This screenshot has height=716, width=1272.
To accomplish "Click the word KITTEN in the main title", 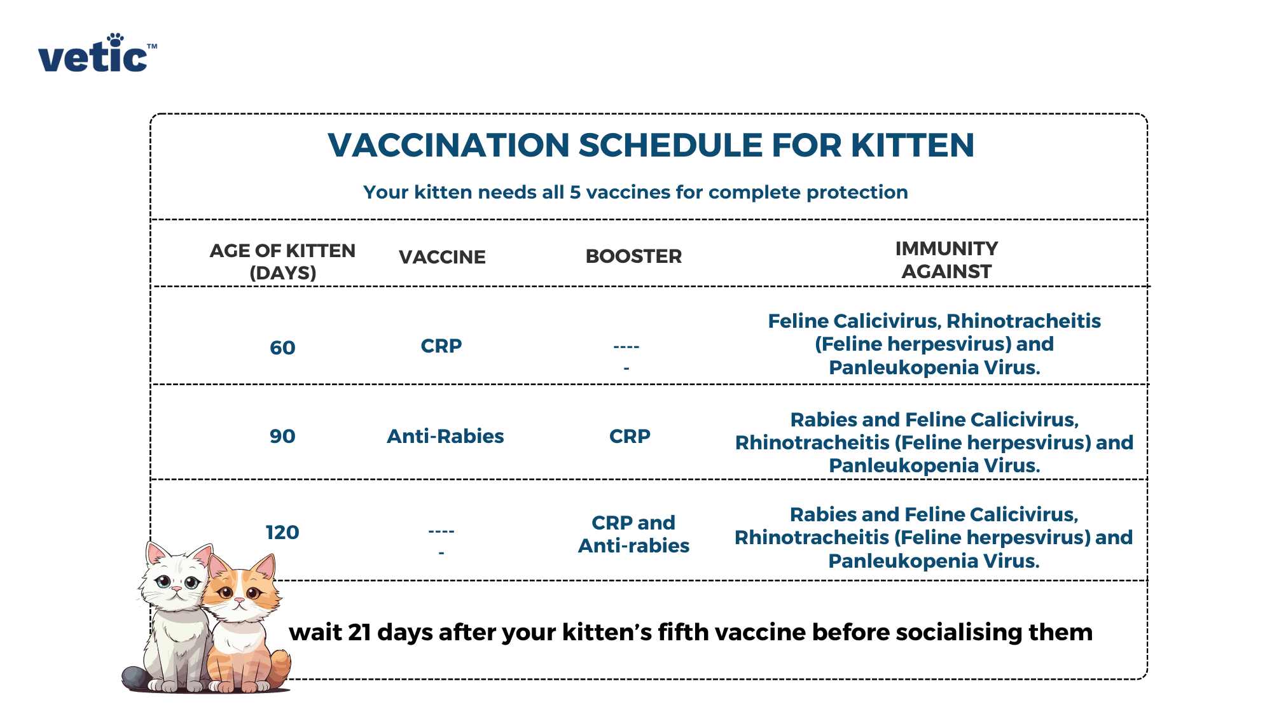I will point(912,145).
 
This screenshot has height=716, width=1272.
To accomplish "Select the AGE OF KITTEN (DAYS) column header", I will point(282,262).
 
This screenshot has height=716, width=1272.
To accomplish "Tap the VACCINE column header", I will point(442,257).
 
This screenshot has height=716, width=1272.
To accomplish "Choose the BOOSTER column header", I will point(633,256).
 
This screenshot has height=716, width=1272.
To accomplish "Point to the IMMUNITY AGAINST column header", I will point(946,260).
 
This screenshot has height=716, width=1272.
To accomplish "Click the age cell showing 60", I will point(282,348).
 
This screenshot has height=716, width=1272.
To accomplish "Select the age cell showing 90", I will point(282,437).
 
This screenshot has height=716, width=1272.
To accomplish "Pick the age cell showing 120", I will point(282,532).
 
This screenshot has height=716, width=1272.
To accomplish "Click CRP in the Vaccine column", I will point(441,346).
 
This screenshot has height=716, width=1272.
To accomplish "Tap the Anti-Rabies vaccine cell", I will point(445,437).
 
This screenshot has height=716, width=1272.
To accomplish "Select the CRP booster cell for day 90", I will point(630,437).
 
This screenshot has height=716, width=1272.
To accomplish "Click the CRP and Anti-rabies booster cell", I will point(633,534).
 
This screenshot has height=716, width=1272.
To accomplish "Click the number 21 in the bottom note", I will point(359,633).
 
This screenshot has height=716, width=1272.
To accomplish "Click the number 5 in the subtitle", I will point(575,192).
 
